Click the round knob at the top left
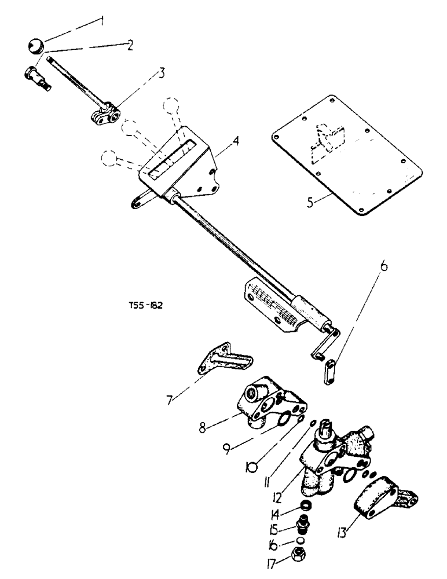(x=36, y=45)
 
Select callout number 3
(x=163, y=73)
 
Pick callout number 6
(x=384, y=269)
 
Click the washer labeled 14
(x=301, y=507)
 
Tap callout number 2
(x=130, y=45)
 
